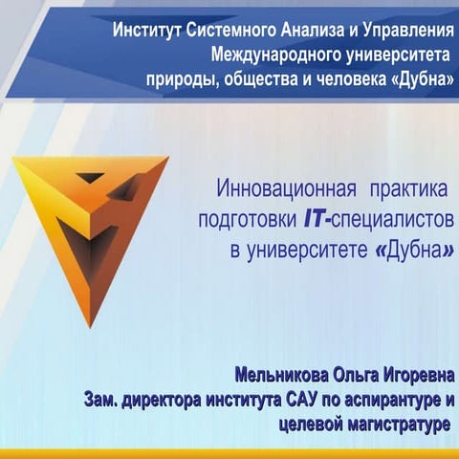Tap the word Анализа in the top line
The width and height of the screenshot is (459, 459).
click(x=293, y=28)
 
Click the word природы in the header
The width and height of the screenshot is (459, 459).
click(x=179, y=78)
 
